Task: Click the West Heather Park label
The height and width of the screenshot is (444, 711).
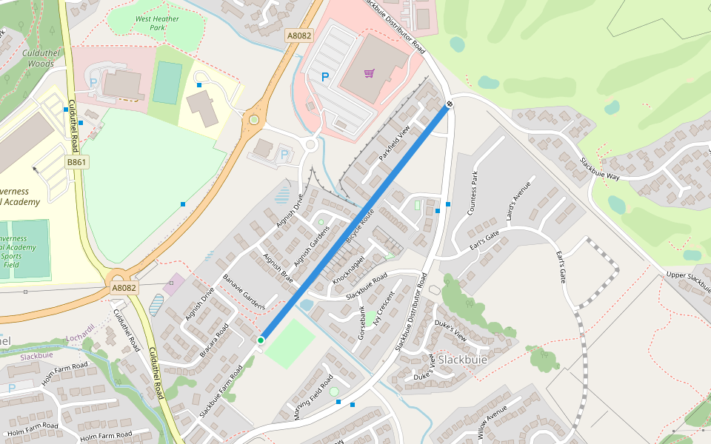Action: pyautogui.click(x=158, y=23)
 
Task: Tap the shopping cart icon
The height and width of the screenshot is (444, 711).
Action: pyautogui.click(x=369, y=73)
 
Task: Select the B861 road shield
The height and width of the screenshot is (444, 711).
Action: pyautogui.click(x=76, y=161)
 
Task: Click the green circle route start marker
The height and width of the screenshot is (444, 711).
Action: pyautogui.click(x=261, y=340)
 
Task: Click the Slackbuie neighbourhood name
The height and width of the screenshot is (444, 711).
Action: pyautogui.click(x=463, y=360)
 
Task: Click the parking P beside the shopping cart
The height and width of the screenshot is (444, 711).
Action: pyautogui.click(x=324, y=76)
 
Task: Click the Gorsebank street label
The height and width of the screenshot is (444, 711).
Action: pyautogui.click(x=362, y=323)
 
